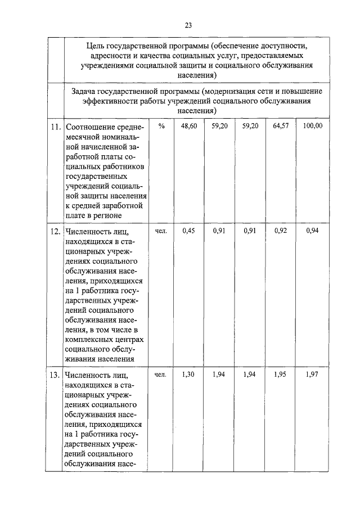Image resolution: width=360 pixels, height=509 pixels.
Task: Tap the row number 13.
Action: [55, 375]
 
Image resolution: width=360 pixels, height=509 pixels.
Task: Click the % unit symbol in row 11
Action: [161, 127]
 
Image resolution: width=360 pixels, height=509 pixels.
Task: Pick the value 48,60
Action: [189, 127]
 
